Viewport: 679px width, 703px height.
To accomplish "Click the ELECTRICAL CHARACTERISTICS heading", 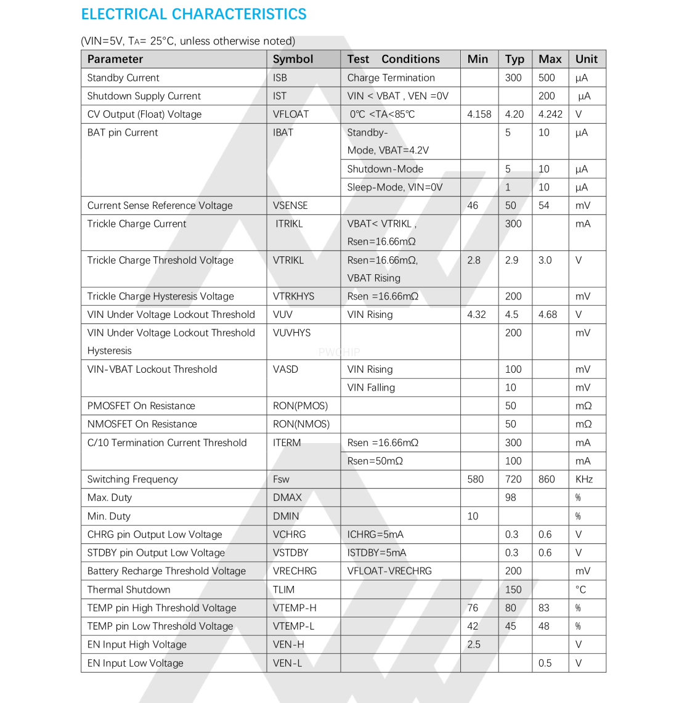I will tap(193, 14).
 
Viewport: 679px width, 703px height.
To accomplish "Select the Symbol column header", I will tap(293, 59).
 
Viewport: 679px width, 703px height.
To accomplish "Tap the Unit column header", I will tap(586, 59).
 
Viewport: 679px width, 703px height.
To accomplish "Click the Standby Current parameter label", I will tap(123, 78).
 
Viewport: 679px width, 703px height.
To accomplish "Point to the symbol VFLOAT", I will tap(291, 114).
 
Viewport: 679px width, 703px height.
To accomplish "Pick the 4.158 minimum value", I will tap(479, 114).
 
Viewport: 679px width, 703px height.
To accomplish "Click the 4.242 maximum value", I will tap(550, 114).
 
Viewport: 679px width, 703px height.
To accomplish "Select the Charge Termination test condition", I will tap(391, 78).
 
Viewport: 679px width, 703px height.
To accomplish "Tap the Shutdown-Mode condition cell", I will tap(385, 169).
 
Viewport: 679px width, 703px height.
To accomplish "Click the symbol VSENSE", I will tap(290, 205).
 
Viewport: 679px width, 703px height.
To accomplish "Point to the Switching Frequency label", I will tap(132, 479).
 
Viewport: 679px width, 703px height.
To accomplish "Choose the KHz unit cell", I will tap(583, 479).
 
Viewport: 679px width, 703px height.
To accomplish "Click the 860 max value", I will tap(547, 479).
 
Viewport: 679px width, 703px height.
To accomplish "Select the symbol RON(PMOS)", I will tap(300, 406).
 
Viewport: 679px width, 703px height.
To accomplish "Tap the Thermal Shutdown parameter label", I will tap(129, 590).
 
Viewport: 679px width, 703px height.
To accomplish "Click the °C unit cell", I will tap(580, 590).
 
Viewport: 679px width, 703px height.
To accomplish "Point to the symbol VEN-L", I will tap(287, 664).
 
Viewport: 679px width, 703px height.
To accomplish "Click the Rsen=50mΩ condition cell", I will tap(375, 461).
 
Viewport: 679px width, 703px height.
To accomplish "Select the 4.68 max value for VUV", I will tap(547, 315).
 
